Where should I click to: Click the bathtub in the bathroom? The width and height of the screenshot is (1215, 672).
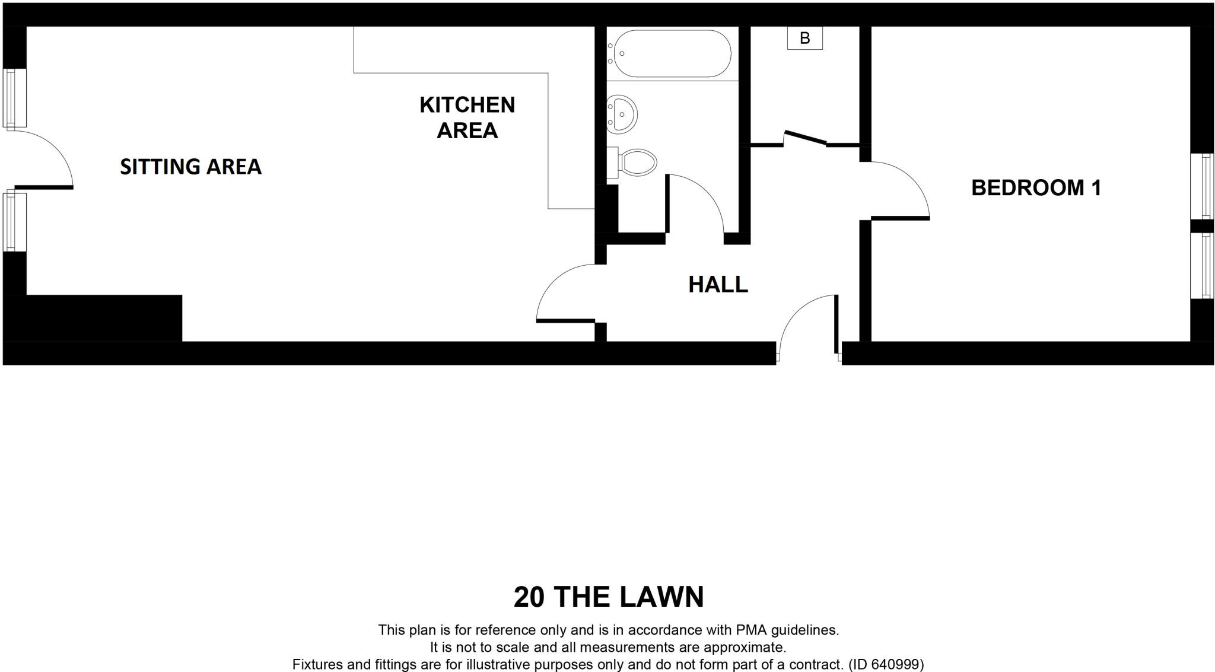click(672, 54)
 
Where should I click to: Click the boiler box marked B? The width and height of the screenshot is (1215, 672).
click(804, 39)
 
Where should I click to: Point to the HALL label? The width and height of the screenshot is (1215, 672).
click(718, 285)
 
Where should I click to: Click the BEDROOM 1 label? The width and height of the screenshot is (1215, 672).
click(1036, 188)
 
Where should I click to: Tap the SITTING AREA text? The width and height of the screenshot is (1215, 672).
click(190, 167)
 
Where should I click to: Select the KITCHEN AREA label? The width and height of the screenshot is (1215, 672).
click(467, 117)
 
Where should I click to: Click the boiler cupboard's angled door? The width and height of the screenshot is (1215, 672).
click(805, 138)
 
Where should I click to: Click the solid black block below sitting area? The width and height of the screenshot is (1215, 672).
click(93, 318)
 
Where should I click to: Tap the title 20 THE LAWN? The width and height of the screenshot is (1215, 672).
click(608, 597)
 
